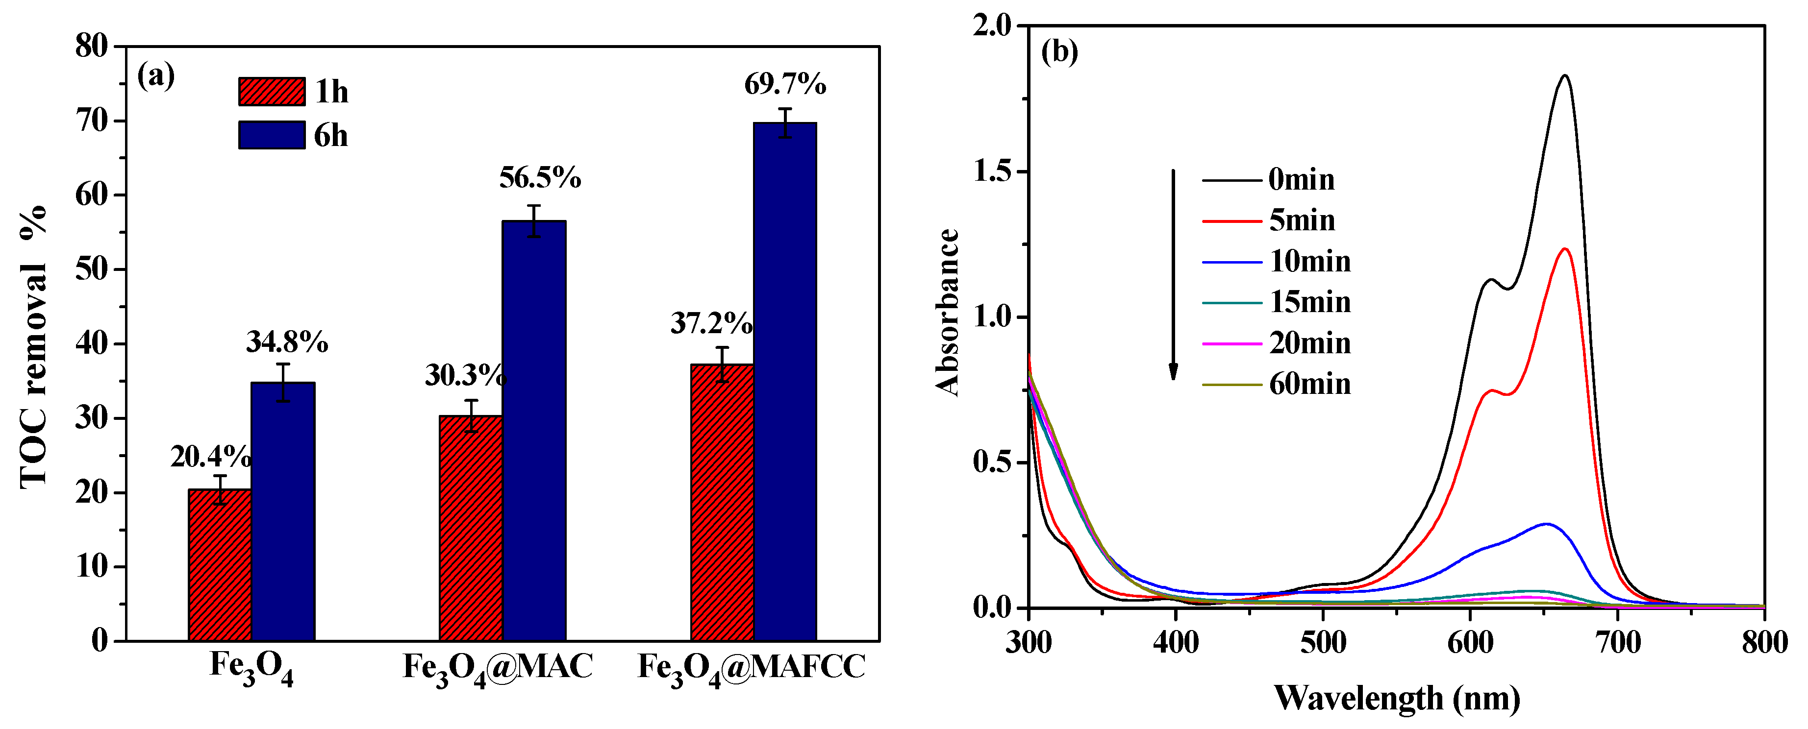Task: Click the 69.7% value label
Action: click(785, 85)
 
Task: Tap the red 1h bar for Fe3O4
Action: click(220, 565)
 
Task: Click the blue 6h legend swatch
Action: click(272, 135)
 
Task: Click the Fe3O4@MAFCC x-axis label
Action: click(751, 667)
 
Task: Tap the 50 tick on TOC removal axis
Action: click(92, 269)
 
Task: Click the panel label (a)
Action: click(156, 75)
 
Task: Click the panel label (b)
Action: click(1059, 51)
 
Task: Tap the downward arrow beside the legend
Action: click(1173, 274)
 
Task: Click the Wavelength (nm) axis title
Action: click(1397, 699)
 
